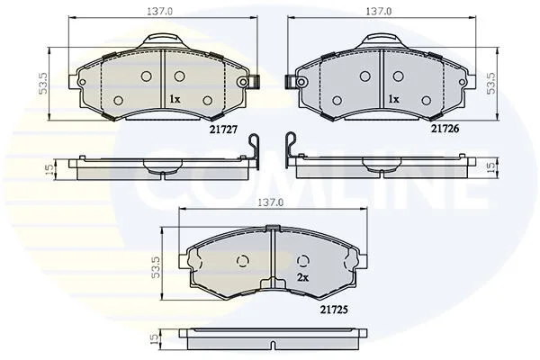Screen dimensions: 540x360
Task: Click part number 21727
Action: point(224,130)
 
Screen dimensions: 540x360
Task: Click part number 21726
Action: point(445,129)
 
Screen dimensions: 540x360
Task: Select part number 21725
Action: point(334,310)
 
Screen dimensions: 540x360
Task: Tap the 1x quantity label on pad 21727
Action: point(175,100)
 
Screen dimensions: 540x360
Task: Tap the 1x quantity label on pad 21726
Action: point(393,99)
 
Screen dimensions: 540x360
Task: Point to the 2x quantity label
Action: point(302,278)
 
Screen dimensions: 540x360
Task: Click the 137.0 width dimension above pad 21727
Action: point(160,12)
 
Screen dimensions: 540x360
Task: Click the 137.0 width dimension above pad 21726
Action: point(379,12)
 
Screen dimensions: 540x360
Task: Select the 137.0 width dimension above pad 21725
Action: point(270,202)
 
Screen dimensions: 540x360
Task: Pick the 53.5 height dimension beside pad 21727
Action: point(44,84)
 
